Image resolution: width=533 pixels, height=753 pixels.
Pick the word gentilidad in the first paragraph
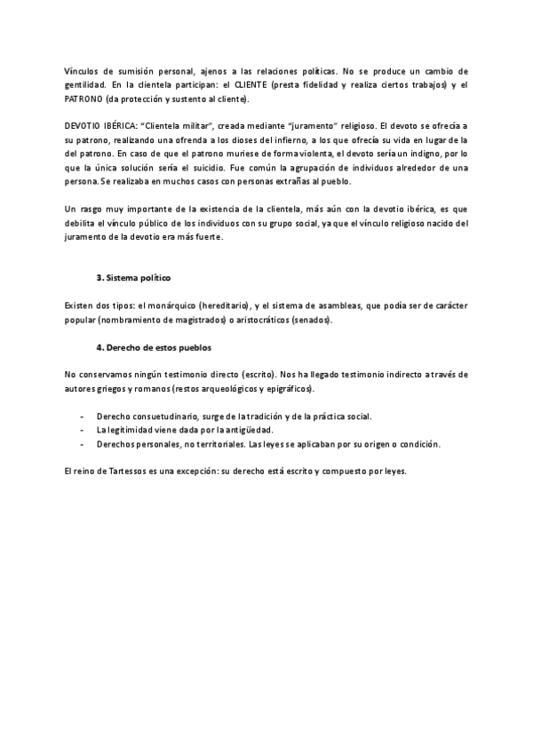pos(86,84)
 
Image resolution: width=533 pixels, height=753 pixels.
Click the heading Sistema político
pos(137,279)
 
